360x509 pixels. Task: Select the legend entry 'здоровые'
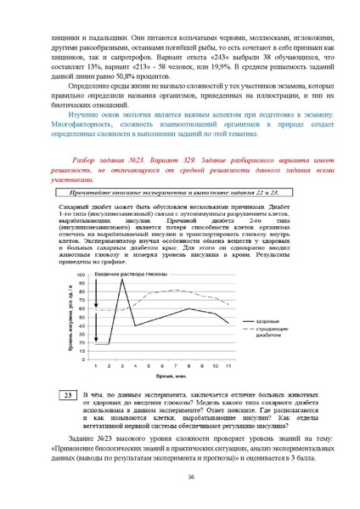pos(267,320)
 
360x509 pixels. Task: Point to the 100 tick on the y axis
pos(82,275)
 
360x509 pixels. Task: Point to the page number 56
pos(180,478)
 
